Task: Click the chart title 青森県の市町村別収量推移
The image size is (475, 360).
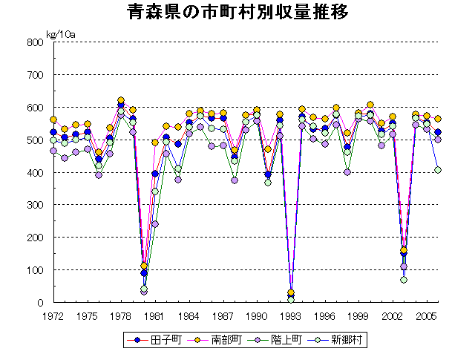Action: point(237,13)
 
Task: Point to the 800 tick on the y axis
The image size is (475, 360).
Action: point(36,42)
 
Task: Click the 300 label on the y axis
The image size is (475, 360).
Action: point(36,205)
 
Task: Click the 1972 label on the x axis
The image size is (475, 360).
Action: point(53,315)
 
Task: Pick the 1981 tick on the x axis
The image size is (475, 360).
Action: point(154,315)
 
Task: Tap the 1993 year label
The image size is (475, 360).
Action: point(290,315)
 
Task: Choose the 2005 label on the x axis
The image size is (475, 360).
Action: point(426,315)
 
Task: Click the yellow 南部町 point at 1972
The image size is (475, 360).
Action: point(53,120)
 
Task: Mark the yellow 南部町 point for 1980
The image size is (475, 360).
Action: point(143,266)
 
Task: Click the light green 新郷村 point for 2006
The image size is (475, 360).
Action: point(438,170)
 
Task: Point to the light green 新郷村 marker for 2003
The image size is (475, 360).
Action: point(404,280)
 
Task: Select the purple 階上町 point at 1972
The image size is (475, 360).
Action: point(53,151)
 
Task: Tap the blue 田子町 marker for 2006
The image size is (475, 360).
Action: point(438,132)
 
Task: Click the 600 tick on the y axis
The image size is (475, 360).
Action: point(36,108)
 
